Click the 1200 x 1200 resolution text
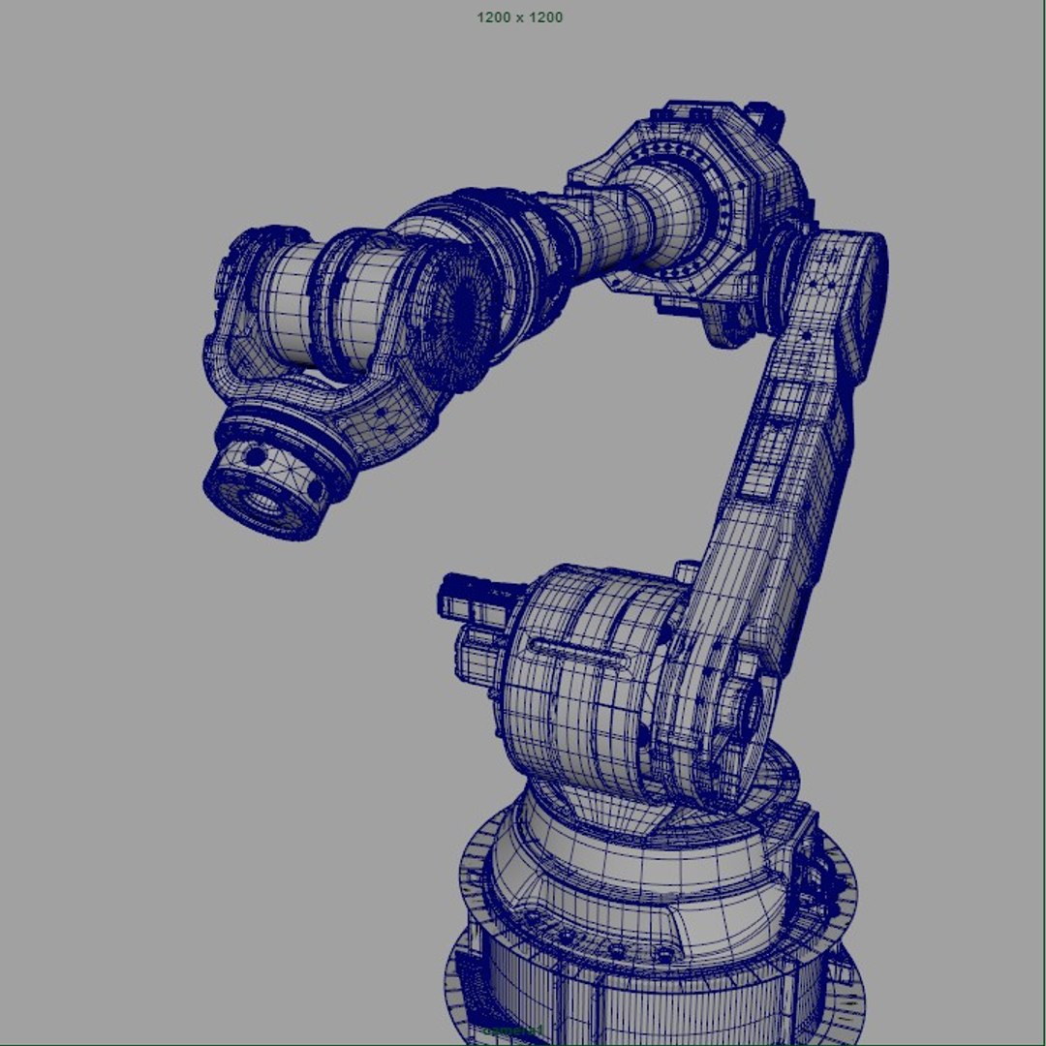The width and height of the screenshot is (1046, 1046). coord(519,17)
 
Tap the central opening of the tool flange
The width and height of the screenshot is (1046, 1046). coord(261,501)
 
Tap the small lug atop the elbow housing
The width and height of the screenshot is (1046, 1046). coord(769,120)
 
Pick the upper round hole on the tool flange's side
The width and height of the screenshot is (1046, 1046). coord(254,454)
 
